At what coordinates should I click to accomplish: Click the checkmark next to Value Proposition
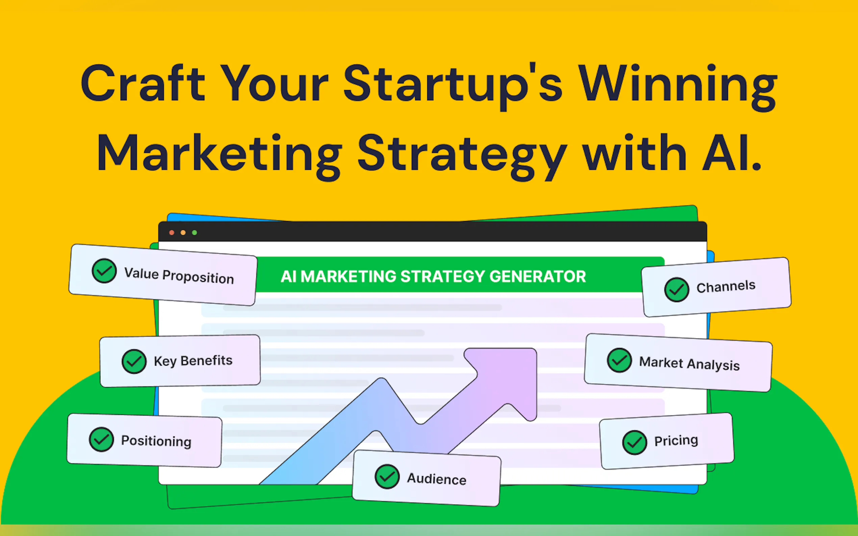pos(104,271)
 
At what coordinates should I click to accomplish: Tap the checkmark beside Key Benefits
pos(134,361)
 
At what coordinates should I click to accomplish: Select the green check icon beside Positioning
pos(101,439)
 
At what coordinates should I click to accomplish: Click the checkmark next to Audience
pos(387,477)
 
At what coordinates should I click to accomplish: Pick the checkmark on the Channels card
pos(677,290)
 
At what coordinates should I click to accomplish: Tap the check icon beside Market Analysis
pos(619,360)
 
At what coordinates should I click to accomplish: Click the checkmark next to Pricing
pos(634,443)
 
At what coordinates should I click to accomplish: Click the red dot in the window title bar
pos(172,233)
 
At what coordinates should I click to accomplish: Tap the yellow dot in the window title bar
pos(183,233)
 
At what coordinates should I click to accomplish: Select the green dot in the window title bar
pos(194,233)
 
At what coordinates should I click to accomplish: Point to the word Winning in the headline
pos(678,87)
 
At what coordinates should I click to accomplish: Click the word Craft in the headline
pos(143,84)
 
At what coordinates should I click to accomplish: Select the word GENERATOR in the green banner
pos(538,276)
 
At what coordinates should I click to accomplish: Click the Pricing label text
pos(676,440)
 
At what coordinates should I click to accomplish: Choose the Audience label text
pos(437,479)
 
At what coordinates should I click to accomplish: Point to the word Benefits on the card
pos(206,360)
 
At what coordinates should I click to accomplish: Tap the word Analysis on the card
pos(713,365)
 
